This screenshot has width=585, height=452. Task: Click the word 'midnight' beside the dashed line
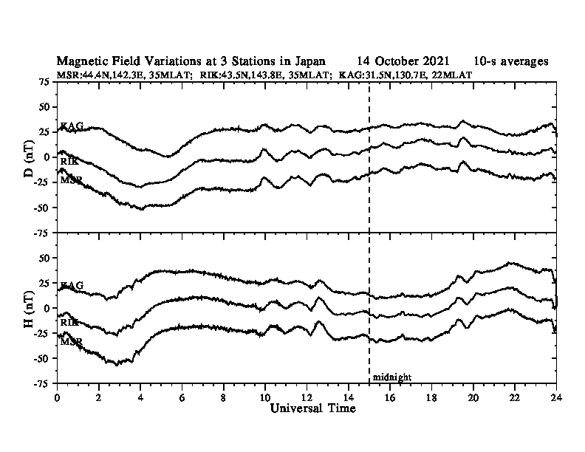tap(391, 377)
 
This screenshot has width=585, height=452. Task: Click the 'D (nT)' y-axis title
tap(29, 157)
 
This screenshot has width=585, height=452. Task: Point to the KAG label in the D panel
tap(72, 126)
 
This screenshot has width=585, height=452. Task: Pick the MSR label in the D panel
tap(71, 179)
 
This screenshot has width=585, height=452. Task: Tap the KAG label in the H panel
tap(72, 285)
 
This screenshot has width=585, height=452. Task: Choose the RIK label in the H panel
tap(69, 322)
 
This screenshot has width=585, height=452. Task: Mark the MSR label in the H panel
tap(71, 342)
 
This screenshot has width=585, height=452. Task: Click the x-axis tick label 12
tap(307, 397)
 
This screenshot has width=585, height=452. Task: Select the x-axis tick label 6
tap(182, 397)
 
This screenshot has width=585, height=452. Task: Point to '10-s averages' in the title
tap(512, 61)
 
